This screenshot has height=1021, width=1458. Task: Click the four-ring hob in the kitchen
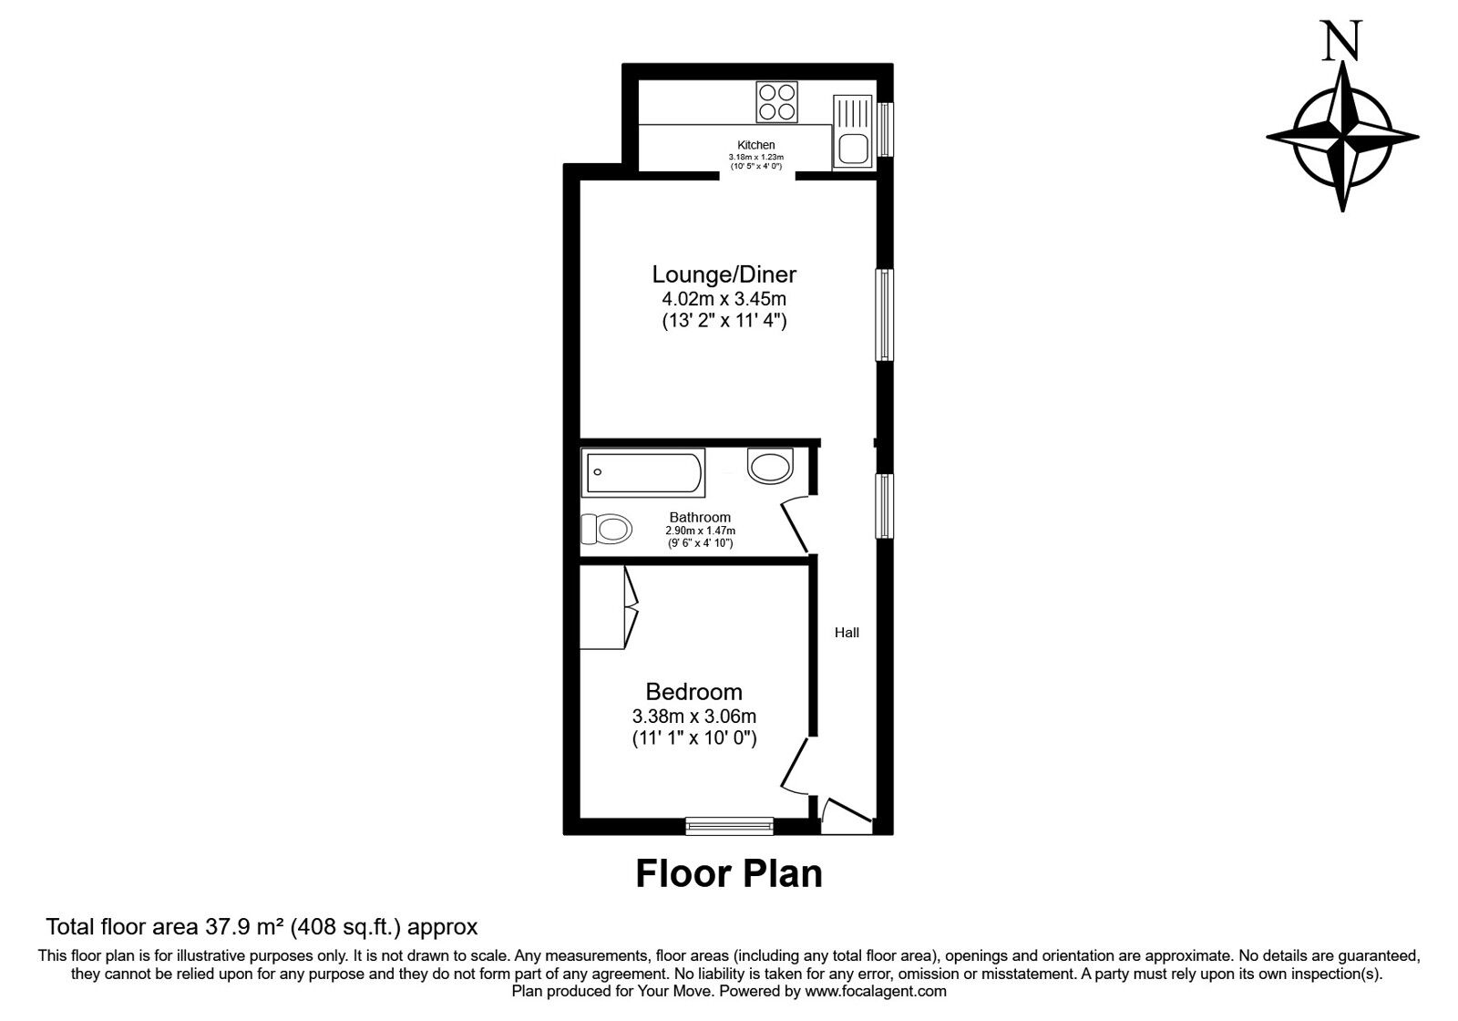(777, 102)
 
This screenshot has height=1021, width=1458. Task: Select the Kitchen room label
(755, 145)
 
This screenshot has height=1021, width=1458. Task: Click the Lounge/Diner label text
(724, 273)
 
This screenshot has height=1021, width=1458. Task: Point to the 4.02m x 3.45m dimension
(724, 298)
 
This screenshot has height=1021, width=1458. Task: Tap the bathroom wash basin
(771, 466)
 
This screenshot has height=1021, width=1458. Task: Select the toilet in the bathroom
(608, 528)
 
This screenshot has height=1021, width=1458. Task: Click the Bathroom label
(700, 517)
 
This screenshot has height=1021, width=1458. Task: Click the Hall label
(847, 632)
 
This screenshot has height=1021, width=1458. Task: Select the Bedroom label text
(694, 691)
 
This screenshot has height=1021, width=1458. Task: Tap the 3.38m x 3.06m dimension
(694, 716)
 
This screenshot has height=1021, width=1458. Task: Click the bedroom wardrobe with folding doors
(607, 607)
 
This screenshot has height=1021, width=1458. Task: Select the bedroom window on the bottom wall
(730, 826)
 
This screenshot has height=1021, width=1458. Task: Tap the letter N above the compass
(1341, 42)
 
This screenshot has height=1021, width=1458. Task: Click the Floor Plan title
(728, 873)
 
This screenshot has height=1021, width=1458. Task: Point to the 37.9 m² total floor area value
(240, 928)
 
